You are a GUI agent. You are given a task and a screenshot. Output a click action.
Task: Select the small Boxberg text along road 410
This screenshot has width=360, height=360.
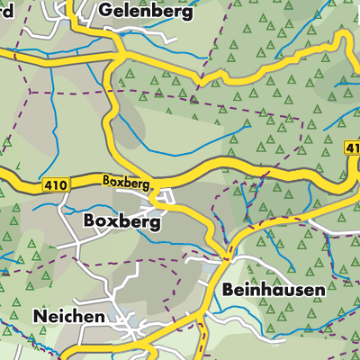124,182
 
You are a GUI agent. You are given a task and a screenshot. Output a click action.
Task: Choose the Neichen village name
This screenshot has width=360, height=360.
68,317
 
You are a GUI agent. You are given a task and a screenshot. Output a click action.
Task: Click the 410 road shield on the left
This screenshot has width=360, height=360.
54,185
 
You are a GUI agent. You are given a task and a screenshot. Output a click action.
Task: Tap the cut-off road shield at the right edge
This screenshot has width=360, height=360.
352,148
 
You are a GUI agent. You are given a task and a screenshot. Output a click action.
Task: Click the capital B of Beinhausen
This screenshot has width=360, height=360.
222,291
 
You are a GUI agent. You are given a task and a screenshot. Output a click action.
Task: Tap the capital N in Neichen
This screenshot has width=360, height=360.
40,317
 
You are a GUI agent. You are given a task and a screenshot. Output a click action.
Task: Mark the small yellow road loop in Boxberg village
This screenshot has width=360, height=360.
160,197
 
